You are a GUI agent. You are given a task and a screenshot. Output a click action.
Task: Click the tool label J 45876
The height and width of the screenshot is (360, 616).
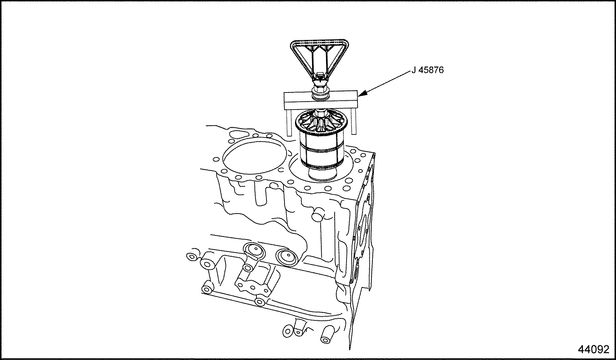(427, 70)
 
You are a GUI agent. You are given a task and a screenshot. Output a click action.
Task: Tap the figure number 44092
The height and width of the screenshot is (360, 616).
(593, 349)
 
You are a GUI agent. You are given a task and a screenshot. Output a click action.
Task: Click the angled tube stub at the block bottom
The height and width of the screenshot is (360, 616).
(327, 334)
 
